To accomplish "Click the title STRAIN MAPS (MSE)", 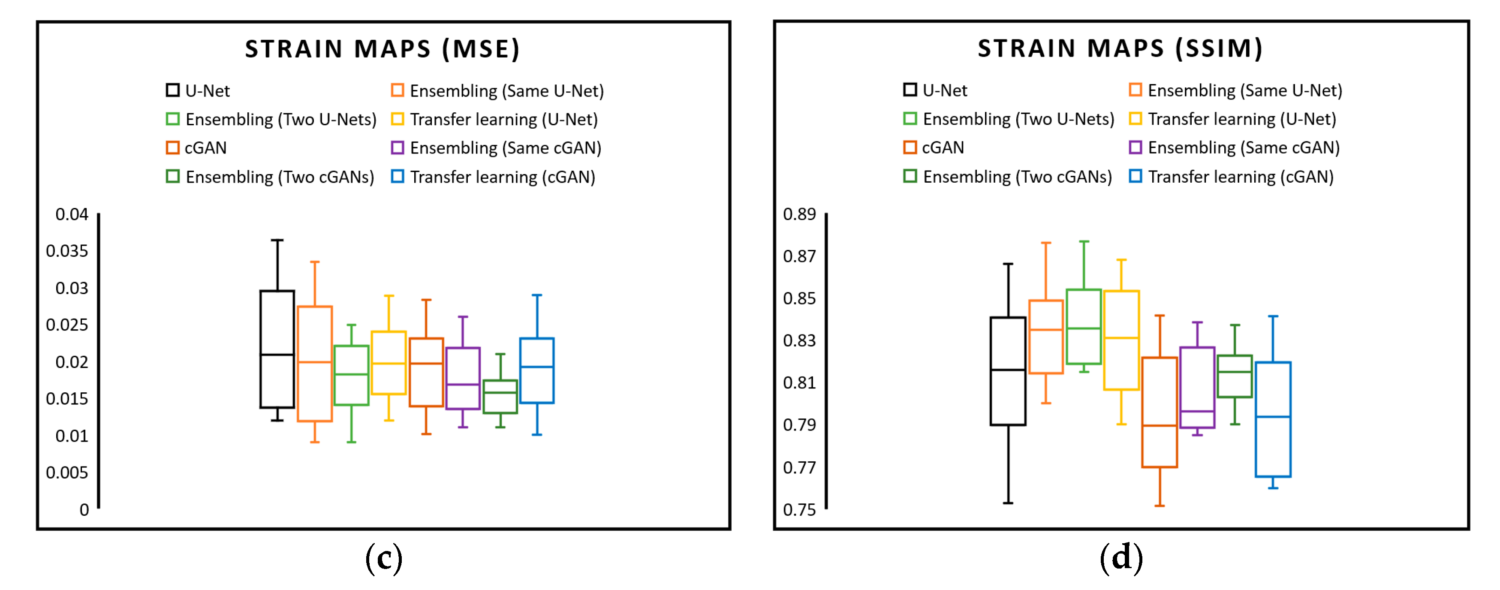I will (382, 49).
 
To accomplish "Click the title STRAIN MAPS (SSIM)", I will (1120, 48).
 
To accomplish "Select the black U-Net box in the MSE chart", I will (277, 349).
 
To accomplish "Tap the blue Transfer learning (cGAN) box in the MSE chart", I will (537, 370).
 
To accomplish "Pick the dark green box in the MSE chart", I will (500, 397).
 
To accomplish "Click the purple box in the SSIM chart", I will (1197, 387).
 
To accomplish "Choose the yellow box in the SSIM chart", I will (1121, 340).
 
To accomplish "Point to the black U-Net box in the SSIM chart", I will (1008, 371).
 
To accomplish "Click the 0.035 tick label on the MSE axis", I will (67, 251).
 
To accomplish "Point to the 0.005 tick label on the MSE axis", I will (67, 473).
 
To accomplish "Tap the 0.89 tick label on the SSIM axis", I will (799, 214).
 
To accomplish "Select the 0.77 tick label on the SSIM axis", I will (799, 467).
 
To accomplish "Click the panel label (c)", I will (384, 559).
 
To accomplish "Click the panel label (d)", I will (1121, 557).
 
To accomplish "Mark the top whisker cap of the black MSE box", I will (277, 240).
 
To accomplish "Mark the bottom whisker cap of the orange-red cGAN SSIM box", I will (1160, 506).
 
